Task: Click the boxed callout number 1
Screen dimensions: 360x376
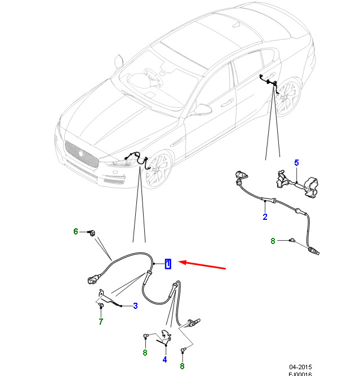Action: (x=168, y=264)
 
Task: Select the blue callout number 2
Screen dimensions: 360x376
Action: (x=265, y=216)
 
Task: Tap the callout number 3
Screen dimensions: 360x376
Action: (x=135, y=306)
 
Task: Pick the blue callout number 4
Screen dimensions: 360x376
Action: (x=165, y=359)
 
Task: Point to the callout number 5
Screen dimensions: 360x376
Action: (x=296, y=163)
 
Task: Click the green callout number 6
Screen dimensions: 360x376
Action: (x=75, y=231)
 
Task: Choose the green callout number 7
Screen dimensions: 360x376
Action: (x=101, y=322)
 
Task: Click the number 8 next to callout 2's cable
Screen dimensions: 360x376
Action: (x=273, y=241)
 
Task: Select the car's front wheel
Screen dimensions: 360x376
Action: (x=157, y=171)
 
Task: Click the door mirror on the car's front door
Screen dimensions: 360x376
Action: (x=203, y=108)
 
